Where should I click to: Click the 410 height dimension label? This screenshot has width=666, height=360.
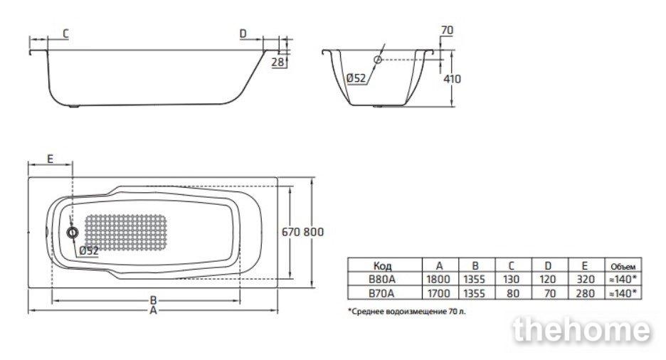tap(452, 79)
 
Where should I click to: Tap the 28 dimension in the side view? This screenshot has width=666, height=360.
tap(277, 63)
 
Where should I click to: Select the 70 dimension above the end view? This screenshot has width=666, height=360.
tap(448, 30)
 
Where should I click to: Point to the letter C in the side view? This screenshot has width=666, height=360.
tap(66, 33)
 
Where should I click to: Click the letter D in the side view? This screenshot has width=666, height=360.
tap(243, 33)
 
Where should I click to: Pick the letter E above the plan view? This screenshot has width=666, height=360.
tap(50, 159)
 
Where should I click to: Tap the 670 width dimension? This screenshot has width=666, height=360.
tap(292, 232)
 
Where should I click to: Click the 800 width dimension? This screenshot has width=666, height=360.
tap(314, 232)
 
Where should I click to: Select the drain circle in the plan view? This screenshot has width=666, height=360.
tap(73, 232)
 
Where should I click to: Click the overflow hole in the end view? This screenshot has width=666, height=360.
tap(378, 60)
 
